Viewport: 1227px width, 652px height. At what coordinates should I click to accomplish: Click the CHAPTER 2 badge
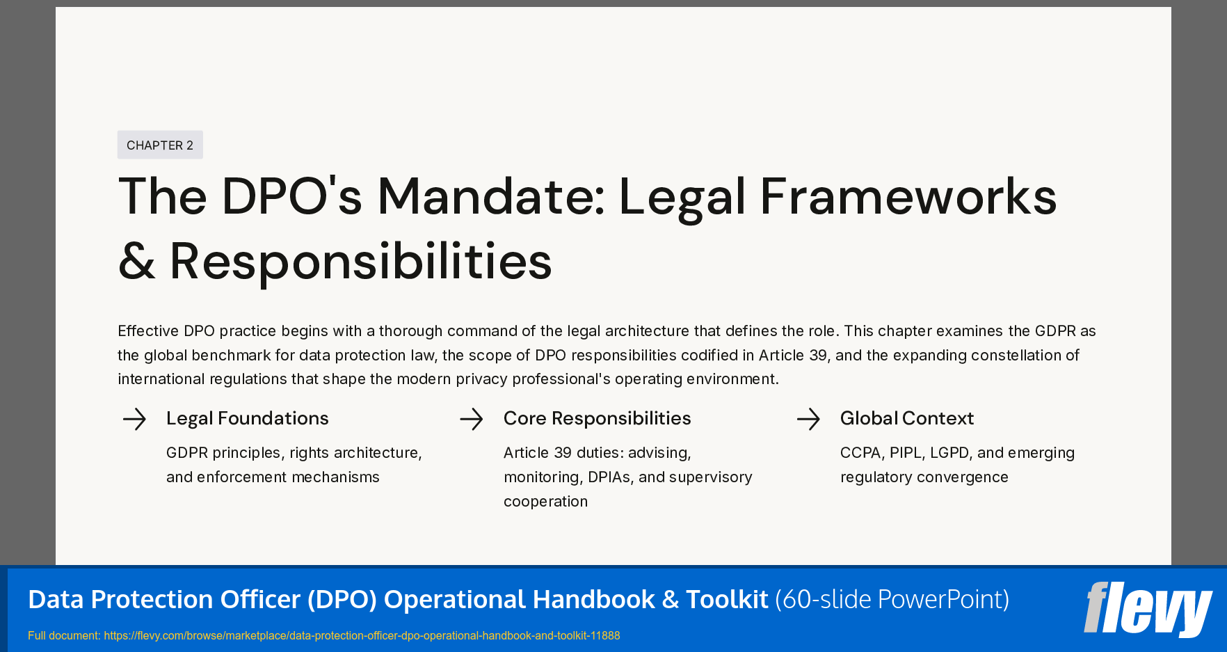[160, 145]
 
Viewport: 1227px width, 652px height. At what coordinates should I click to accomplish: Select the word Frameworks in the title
[908, 197]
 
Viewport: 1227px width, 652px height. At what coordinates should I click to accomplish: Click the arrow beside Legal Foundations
[134, 419]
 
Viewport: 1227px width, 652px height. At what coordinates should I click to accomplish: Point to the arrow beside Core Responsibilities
[471, 419]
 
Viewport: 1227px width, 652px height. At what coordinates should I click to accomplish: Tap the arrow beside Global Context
[808, 419]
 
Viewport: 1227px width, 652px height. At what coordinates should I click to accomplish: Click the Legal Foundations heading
[247, 418]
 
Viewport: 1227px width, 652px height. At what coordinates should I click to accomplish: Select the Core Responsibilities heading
[597, 418]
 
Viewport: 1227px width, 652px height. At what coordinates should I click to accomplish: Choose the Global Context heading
[906, 418]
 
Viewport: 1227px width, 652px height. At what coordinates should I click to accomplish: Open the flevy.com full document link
[362, 635]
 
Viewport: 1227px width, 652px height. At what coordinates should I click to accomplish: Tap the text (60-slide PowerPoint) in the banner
[892, 599]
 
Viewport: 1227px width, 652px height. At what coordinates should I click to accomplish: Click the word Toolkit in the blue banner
[727, 599]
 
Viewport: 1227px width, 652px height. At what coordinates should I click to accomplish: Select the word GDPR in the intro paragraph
[1055, 331]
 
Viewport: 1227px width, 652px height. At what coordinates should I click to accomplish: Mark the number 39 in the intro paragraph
[818, 356]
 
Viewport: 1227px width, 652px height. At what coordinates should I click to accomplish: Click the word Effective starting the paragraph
[148, 331]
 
